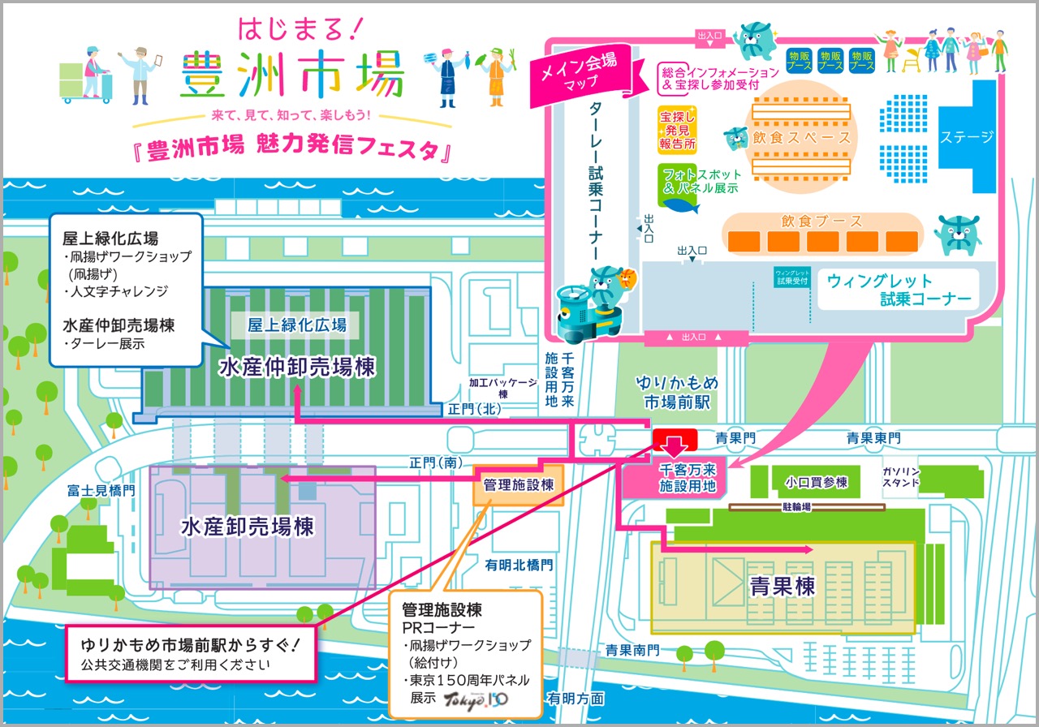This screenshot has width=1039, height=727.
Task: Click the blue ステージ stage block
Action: [x=967, y=136]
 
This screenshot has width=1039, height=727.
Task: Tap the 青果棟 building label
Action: [x=782, y=585]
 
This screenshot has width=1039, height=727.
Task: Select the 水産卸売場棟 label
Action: [x=247, y=527]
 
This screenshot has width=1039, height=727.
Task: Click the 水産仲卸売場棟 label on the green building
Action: [x=297, y=368]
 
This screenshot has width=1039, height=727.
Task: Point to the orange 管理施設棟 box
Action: [x=518, y=485]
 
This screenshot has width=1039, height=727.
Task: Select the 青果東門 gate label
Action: [x=873, y=438]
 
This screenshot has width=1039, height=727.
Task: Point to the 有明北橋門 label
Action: [x=519, y=565]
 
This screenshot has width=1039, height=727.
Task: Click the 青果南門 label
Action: [x=632, y=650]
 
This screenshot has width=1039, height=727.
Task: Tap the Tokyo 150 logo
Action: [x=485, y=699]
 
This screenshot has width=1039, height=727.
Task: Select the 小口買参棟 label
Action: [x=816, y=483]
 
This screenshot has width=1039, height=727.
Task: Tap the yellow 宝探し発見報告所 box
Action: [x=677, y=129]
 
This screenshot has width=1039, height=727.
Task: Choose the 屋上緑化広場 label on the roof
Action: [x=297, y=325]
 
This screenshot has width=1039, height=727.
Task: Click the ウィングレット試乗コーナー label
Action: [x=899, y=290]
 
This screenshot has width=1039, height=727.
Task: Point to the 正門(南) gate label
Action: [x=437, y=462]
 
